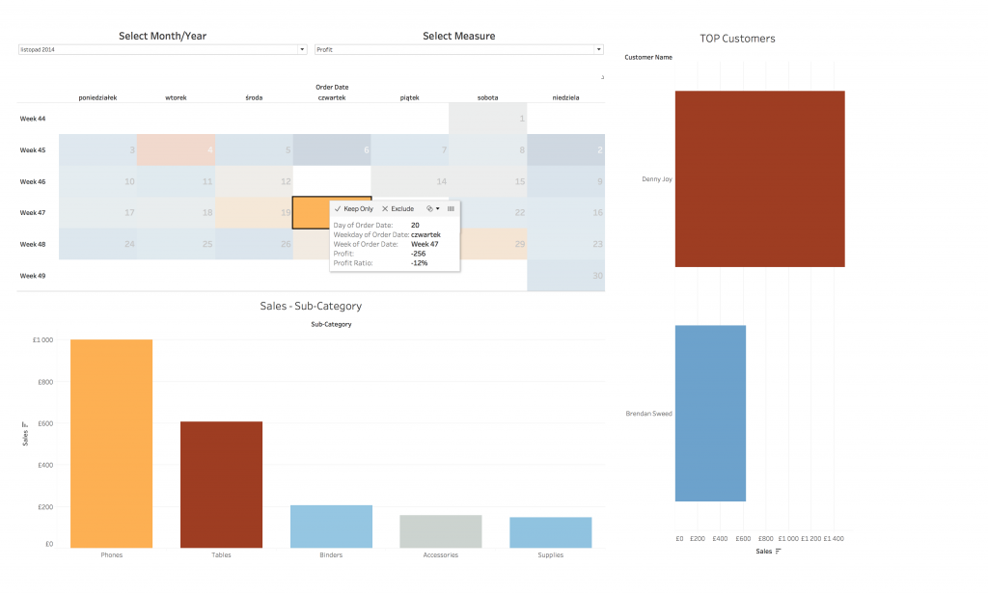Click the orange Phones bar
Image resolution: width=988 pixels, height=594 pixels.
point(111,444)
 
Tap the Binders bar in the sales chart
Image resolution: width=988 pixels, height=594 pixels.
point(331,526)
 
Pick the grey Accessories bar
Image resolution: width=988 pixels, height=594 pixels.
point(440,531)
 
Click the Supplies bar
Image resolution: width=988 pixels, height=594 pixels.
point(550,532)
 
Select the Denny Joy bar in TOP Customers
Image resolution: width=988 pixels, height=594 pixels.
point(759,178)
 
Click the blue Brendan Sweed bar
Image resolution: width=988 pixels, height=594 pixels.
point(710,413)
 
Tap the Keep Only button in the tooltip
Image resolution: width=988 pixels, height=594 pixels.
point(353,208)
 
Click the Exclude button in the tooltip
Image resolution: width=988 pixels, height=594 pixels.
point(398,208)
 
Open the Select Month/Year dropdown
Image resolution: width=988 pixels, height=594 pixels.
point(162,49)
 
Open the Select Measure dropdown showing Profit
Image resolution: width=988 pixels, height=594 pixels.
point(459,49)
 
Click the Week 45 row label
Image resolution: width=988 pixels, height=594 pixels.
point(32,149)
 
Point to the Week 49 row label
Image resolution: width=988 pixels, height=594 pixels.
point(32,276)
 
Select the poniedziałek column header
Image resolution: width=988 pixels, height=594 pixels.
point(97,96)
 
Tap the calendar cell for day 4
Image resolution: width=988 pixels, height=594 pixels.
point(176,149)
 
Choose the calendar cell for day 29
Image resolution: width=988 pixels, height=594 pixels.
point(488,244)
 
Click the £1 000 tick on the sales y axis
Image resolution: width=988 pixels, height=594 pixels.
point(42,340)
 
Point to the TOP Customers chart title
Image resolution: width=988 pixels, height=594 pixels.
point(737,39)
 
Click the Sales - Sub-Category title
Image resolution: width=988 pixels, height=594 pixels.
point(311,306)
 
